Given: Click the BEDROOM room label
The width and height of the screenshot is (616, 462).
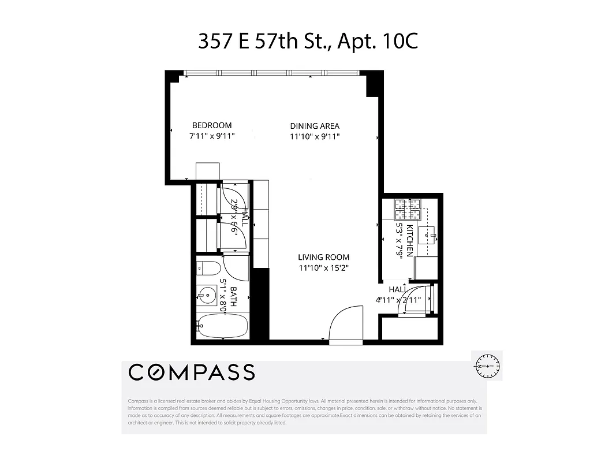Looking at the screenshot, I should [x=212, y=125].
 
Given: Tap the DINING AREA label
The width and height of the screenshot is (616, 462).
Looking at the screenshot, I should [x=315, y=126].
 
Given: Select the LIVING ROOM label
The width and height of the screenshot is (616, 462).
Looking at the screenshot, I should [x=323, y=258].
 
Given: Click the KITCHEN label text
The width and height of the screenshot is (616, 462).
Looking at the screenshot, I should [x=410, y=240].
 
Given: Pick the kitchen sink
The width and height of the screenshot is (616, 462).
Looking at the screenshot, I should [x=428, y=234].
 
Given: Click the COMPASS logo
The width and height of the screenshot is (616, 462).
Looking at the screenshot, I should [x=191, y=372].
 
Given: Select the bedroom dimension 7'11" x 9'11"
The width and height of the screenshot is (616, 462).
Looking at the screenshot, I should [x=212, y=136].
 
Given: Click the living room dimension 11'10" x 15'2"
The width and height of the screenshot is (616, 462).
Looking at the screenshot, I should [x=323, y=268].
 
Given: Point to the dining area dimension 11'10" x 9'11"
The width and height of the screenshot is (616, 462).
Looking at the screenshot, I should [x=315, y=137].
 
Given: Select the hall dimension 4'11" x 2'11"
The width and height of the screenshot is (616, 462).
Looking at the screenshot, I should [x=398, y=300].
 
